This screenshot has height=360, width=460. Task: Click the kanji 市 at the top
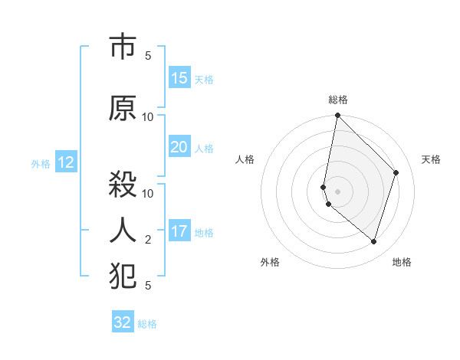pos(123,48)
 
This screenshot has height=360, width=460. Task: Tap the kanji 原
pos(123,109)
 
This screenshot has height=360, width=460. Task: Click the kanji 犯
pos(123,277)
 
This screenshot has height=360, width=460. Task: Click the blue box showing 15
pos(179,78)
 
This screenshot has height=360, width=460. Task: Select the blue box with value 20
pos(179,148)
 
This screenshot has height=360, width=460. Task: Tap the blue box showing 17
pos(179,231)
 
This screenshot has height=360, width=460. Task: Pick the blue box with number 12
pos(65,162)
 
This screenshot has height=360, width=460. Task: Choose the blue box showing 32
pos(123,322)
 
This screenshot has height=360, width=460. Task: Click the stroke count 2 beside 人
pos(148,240)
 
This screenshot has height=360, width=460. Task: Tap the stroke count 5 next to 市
pos(148,56)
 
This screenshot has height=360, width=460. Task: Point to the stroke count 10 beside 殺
pos(148,193)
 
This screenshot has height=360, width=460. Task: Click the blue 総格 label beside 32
pos(147,324)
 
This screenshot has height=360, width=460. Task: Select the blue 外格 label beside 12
pos(41,164)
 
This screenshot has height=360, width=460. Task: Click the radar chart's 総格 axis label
pos(338,100)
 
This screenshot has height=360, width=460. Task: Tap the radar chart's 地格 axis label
pos(402,262)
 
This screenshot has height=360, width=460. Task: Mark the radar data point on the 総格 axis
pos(338,116)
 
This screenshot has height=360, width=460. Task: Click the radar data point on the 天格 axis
pos(396,172)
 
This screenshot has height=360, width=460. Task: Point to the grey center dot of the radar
pos(338,191)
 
